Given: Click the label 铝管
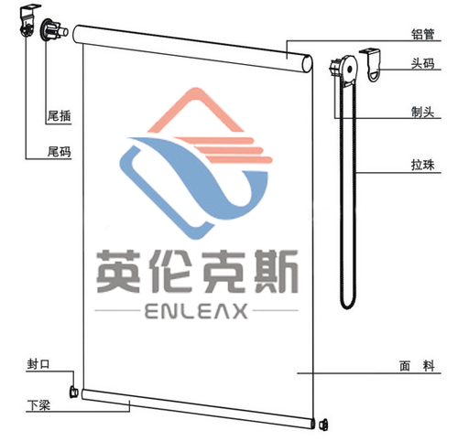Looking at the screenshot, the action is click(x=422, y=34).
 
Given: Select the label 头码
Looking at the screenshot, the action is click(x=422, y=63).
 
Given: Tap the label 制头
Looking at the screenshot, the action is click(x=422, y=112).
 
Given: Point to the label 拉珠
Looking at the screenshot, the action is click(x=422, y=166).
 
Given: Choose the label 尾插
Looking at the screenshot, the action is click(x=59, y=116).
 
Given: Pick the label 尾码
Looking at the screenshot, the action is click(x=59, y=152).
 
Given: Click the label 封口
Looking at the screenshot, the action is click(x=38, y=364).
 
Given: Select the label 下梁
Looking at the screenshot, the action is click(x=38, y=405).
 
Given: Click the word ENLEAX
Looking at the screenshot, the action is click(x=196, y=311).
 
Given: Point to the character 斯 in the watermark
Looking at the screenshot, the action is click(x=277, y=271).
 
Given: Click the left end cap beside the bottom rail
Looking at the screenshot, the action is click(x=73, y=393).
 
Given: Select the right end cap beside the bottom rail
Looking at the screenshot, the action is click(x=323, y=425).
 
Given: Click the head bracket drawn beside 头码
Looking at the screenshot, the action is click(x=373, y=65).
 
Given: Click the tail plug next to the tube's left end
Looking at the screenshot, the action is click(x=54, y=30).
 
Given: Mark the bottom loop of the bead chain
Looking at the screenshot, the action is click(x=348, y=304).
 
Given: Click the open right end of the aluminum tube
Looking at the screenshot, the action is click(x=307, y=64).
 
